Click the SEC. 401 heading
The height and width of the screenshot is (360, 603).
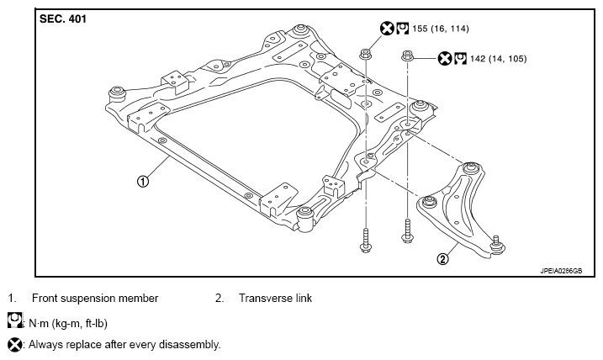[63, 19]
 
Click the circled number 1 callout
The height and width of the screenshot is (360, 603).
[143, 181]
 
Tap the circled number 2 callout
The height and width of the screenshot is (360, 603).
[443, 259]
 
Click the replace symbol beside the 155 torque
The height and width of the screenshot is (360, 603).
[387, 29]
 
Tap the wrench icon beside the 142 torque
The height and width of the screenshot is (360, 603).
[460, 59]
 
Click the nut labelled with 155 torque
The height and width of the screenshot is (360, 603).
[365, 54]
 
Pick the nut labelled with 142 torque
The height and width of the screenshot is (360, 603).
[407, 56]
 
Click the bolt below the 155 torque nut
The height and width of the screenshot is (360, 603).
[365, 241]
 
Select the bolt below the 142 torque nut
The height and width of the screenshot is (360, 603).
[407, 230]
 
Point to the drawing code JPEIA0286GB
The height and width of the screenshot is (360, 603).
[561, 271]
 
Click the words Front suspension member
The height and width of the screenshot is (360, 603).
[95, 299]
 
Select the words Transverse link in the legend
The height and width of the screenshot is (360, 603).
[275, 298]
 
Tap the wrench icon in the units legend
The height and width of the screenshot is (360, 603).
[15, 320]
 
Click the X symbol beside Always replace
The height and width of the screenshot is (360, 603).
[15, 345]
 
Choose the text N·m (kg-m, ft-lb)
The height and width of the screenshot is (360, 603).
[68, 324]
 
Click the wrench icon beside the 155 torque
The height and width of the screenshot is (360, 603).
[402, 29]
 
